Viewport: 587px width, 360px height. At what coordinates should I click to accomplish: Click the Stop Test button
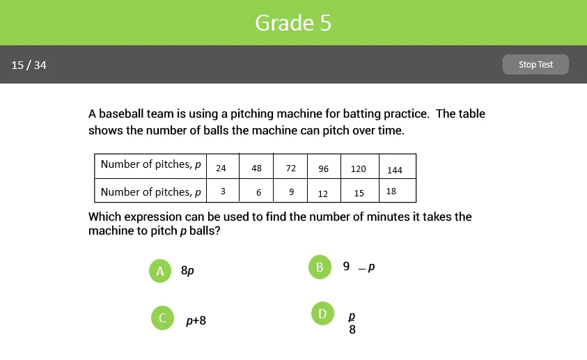535,65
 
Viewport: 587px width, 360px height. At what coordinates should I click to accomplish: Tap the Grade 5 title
293,23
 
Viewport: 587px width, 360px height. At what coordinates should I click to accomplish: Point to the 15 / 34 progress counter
29,65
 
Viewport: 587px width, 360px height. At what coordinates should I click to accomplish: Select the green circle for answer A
160,271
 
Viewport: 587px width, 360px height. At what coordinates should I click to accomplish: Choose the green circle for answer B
320,267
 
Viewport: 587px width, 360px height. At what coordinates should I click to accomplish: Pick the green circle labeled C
162,318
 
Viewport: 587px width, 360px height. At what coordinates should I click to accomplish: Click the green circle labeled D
322,314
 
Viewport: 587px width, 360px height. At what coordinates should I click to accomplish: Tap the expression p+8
196,321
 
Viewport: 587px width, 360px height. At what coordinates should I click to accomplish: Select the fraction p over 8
352,323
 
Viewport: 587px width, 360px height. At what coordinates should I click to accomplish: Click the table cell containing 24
221,169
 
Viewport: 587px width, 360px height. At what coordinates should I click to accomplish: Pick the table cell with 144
395,170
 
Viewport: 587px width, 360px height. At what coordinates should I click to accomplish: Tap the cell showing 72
290,169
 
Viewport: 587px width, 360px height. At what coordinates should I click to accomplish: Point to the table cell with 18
391,191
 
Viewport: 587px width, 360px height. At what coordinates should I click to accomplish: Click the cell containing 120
358,169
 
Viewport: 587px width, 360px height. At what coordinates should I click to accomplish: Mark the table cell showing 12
323,193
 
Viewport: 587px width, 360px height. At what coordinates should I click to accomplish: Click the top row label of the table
151,165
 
